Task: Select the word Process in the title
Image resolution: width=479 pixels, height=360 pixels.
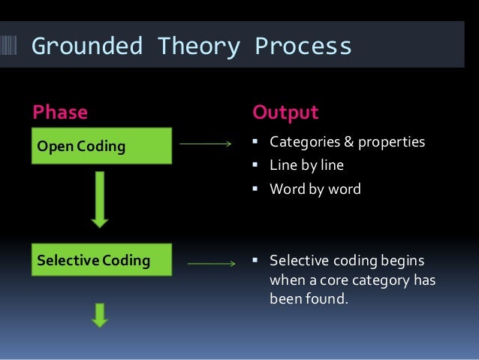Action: pos(303,47)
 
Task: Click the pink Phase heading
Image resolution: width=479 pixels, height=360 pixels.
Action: pos(60,113)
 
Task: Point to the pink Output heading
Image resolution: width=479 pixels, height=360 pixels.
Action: pos(285,113)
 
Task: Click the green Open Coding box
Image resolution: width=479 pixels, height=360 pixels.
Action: pos(101,146)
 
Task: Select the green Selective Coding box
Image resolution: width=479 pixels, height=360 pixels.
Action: pos(101,261)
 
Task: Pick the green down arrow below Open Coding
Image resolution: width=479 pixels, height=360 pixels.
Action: pos(100,199)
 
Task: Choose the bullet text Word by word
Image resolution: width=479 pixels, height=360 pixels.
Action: pos(315,189)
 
